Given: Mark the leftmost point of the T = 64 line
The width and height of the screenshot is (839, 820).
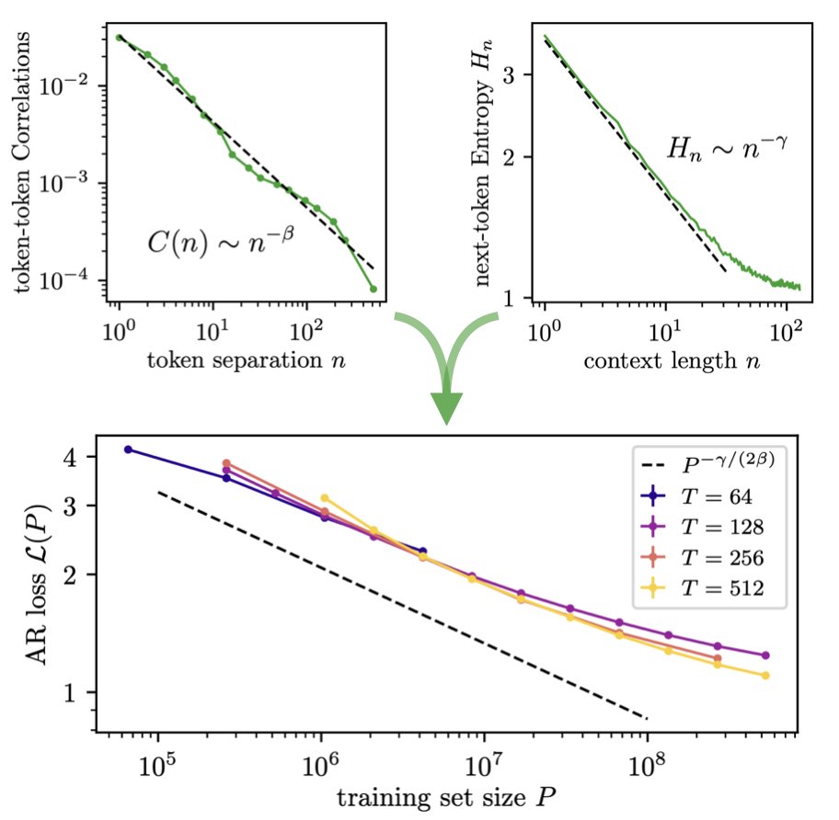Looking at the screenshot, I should pos(128,450).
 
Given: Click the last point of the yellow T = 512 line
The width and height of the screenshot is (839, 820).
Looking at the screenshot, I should pos(765,676).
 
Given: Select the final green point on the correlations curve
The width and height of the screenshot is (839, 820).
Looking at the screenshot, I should pos(374,289).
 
